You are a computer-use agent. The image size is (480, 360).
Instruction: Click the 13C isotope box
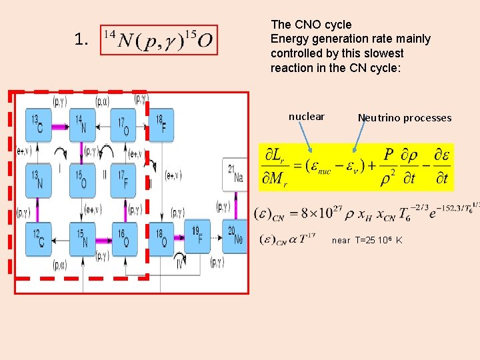(x=37, y=125)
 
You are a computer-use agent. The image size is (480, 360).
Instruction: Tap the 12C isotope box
(x=37, y=238)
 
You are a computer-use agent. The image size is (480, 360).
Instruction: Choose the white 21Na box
(x=235, y=175)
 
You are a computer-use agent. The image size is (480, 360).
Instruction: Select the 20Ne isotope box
(x=235, y=237)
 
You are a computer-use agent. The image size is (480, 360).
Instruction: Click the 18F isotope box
(x=161, y=125)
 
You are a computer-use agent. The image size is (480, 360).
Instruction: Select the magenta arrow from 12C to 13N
(x=37, y=210)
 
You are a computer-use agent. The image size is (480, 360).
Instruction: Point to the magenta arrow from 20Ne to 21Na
(x=235, y=206)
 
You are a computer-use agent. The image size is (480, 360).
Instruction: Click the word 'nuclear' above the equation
(x=306, y=117)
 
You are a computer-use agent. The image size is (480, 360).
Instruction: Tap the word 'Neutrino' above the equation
(x=380, y=118)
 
